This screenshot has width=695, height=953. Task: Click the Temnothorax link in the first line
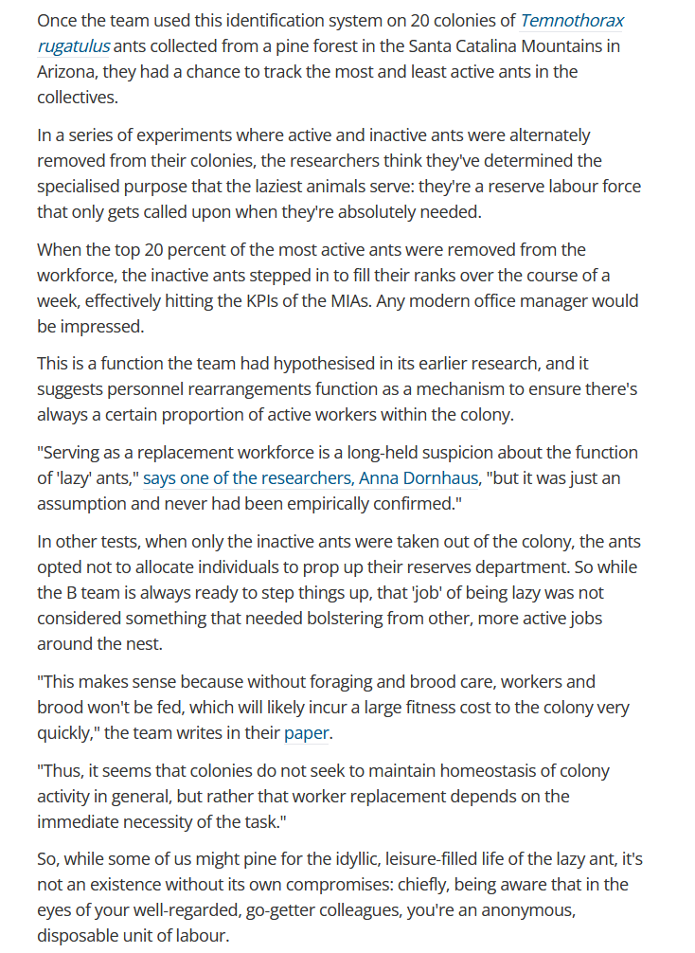pyautogui.click(x=572, y=20)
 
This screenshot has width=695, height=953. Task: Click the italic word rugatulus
pyautogui.click(x=74, y=45)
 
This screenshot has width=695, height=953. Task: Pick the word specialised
pyautogui.click(x=85, y=187)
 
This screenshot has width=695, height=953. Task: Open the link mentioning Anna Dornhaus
pyautogui.click(x=310, y=478)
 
